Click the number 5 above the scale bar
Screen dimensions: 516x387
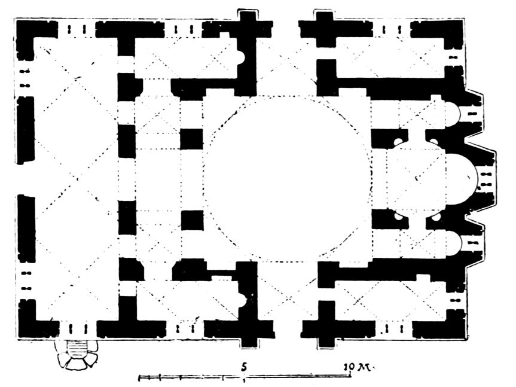(244, 366)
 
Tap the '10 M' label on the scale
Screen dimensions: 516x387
(357, 366)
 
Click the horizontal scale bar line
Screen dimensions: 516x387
(244, 376)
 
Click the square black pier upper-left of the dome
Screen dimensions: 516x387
(192, 139)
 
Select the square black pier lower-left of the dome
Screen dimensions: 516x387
(192, 221)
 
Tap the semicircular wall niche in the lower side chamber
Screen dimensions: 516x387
(242, 300)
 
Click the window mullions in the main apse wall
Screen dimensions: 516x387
(486, 179)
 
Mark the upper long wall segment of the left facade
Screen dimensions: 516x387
(25, 130)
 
